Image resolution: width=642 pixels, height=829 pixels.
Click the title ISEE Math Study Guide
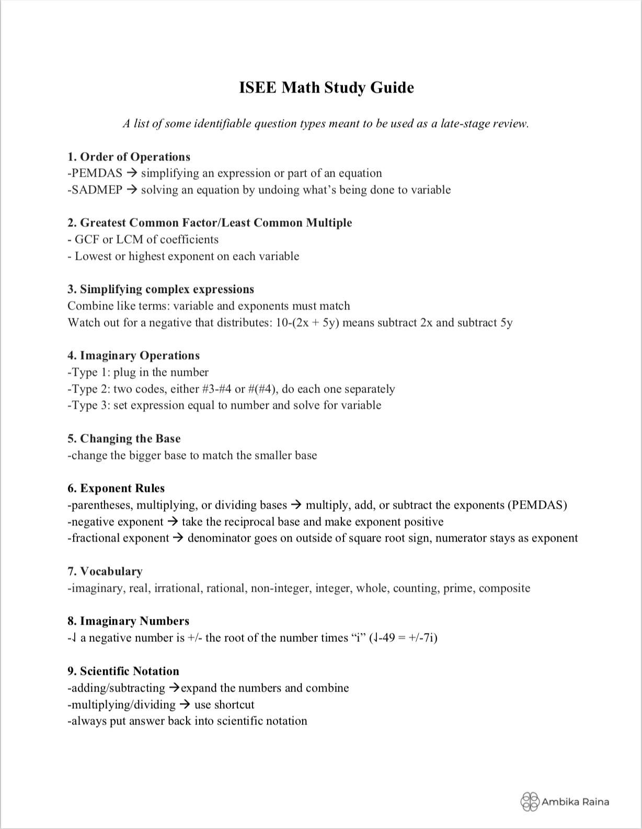click(x=326, y=87)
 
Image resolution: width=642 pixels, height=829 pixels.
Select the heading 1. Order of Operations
click(x=129, y=157)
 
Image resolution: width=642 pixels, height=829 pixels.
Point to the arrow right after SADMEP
click(x=132, y=190)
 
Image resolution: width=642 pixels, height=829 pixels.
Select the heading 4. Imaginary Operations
click(x=133, y=355)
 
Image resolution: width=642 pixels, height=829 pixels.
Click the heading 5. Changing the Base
click(x=124, y=439)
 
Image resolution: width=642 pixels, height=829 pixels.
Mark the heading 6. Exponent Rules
click(x=116, y=488)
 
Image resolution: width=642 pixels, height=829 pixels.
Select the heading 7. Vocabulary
click(x=105, y=571)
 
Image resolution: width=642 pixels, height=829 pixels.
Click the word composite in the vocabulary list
click(x=504, y=588)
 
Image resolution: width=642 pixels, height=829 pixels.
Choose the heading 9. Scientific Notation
click(x=123, y=671)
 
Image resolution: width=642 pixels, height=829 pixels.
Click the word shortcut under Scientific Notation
click(x=234, y=705)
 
